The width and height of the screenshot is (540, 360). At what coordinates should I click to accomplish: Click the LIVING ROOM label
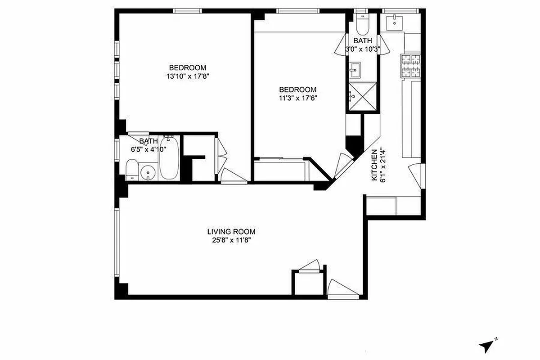231,232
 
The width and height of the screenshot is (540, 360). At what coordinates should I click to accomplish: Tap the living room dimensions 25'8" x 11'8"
231,240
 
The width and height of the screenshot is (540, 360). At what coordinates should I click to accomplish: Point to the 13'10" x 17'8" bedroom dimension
188,76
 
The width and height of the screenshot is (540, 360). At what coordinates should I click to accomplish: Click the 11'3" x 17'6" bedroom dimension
297,98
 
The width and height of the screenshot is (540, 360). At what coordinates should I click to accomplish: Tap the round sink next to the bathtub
148,172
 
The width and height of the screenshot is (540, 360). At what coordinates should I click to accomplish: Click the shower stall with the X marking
362,96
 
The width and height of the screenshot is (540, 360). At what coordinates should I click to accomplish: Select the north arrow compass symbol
487,346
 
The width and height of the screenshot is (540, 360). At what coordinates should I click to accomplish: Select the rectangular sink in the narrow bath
355,70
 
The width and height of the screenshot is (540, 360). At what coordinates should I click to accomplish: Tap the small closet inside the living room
307,283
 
